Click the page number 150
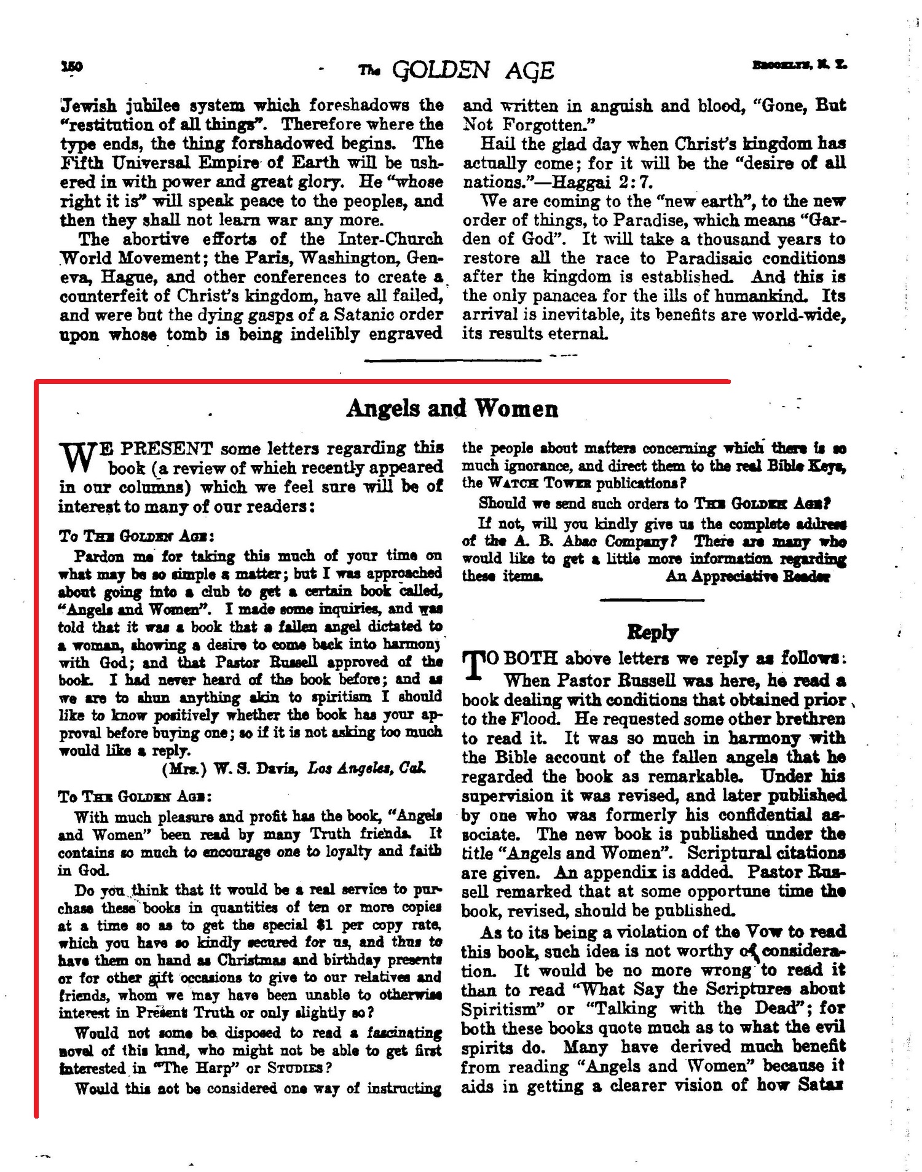[72, 66]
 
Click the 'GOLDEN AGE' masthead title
[473, 71]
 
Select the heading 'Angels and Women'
[452, 408]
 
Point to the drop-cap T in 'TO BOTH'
[470, 665]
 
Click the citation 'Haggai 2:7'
[602, 182]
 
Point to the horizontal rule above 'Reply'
[652, 600]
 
